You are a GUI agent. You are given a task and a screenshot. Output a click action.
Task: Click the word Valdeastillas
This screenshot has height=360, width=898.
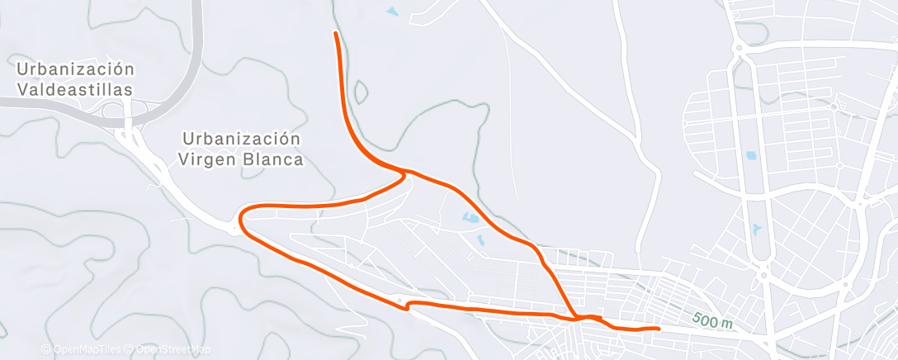pyautogui.click(x=74, y=88)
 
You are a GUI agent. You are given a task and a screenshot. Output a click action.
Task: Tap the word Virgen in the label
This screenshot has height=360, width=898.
pyautogui.click(x=210, y=159)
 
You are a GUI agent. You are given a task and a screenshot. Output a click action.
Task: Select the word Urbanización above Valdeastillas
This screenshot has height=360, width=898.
pyautogui.click(x=74, y=68)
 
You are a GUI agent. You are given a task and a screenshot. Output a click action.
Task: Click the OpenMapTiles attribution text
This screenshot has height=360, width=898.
pyautogui.click(x=84, y=349)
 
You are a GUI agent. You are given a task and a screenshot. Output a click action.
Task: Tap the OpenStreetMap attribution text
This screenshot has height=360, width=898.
pyautogui.click(x=169, y=349)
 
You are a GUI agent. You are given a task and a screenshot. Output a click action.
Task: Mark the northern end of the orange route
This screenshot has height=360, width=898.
pyautogui.click(x=334, y=33)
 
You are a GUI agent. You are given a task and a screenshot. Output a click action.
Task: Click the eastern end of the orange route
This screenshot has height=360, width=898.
pyautogui.click(x=658, y=329)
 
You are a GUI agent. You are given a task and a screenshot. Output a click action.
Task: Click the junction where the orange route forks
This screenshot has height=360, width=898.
pyautogui.click(x=405, y=172)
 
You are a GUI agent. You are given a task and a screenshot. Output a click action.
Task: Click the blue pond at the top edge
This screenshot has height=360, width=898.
pyautogui.click(x=390, y=12)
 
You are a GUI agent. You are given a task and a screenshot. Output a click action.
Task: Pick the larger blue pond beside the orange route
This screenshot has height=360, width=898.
pyautogui.click(x=470, y=219)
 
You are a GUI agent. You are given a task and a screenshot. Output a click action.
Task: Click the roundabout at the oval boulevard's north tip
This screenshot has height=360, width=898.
pyautogui.click(x=739, y=49)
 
